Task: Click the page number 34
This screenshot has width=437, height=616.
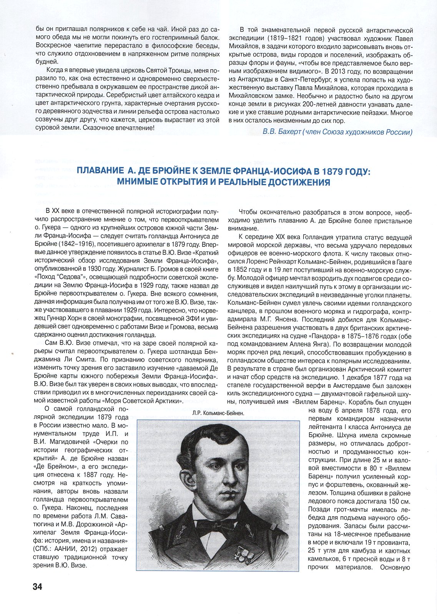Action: point(37,587)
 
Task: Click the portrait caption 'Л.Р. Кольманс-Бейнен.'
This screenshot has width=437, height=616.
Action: point(218,413)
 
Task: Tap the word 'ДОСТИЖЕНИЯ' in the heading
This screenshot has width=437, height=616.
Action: point(293,182)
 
